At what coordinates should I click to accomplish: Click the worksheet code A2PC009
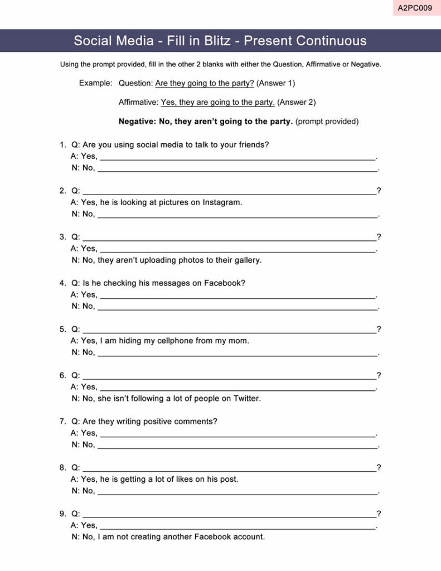click(x=415, y=8)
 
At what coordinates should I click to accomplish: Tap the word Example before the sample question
click(x=95, y=83)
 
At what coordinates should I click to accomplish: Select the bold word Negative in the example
click(x=137, y=121)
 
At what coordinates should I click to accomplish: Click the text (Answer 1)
click(x=275, y=83)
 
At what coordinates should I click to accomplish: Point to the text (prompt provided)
click(x=327, y=121)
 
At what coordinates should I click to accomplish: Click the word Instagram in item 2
click(x=222, y=202)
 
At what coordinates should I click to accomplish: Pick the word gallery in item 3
click(x=246, y=260)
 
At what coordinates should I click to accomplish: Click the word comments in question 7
click(x=196, y=422)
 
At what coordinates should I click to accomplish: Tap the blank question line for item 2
click(x=229, y=192)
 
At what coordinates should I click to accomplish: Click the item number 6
click(x=62, y=375)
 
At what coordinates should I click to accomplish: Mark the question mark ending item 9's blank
click(x=379, y=514)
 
